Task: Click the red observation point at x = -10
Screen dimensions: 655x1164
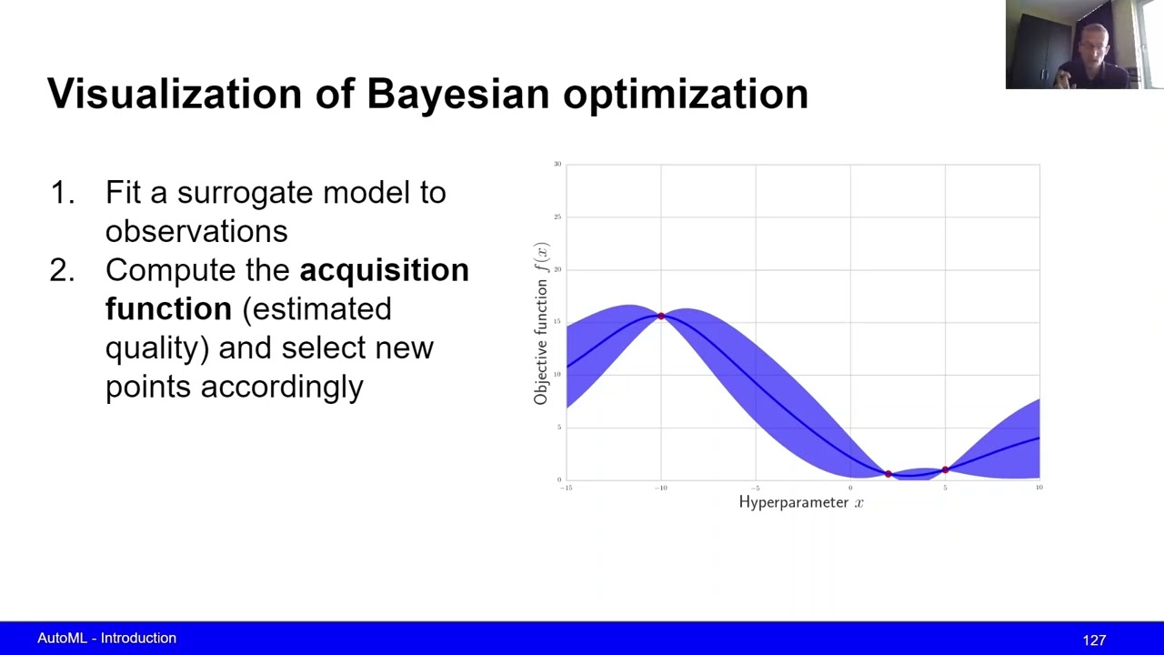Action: tap(661, 317)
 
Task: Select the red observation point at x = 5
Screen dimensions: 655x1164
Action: tap(945, 469)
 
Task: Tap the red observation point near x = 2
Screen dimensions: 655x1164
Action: tap(888, 473)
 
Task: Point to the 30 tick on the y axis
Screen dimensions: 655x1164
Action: tap(557, 164)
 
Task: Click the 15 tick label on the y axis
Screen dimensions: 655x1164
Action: tap(557, 322)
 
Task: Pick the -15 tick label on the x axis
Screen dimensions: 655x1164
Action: tap(566, 489)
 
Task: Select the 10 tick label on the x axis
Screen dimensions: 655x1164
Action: tap(1039, 489)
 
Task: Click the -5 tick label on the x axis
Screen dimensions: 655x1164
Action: tap(755, 489)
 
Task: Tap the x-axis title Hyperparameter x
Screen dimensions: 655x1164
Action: tap(801, 502)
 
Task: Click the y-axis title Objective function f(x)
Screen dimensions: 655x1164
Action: tap(542, 324)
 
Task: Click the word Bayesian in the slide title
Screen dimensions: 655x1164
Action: tap(458, 95)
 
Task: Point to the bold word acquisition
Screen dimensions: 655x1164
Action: tap(384, 270)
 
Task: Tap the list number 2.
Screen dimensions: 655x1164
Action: tap(61, 270)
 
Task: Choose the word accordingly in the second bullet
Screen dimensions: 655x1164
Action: tap(282, 387)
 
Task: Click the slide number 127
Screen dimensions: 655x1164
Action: tap(1094, 640)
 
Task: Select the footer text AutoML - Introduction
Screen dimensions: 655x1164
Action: tap(106, 639)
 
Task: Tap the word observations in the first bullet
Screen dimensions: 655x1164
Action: tap(196, 231)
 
